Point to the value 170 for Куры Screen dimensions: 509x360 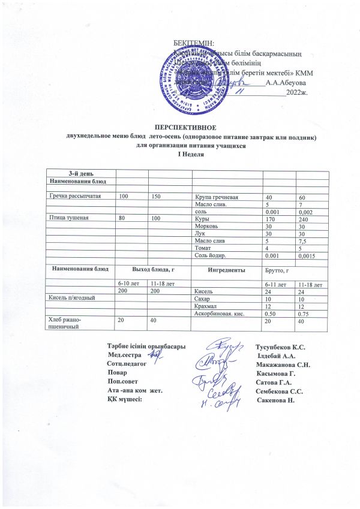[x=271, y=219]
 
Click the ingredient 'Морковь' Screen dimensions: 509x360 [x=207, y=227]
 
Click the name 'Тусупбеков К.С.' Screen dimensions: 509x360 [x=280, y=348]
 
